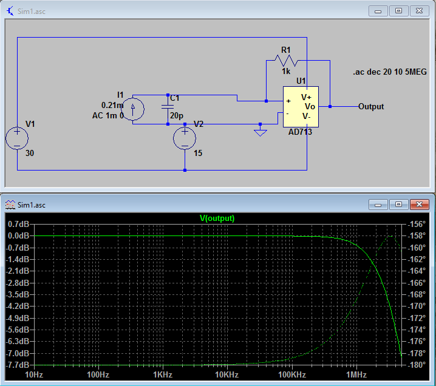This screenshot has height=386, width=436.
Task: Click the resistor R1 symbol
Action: point(285,60)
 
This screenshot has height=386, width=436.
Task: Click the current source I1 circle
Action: point(133,109)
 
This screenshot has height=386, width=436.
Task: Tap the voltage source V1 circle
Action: point(17,138)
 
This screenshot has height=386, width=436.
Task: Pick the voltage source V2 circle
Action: point(185,138)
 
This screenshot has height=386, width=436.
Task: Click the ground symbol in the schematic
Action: point(260,132)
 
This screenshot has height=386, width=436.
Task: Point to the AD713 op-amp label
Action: point(300,132)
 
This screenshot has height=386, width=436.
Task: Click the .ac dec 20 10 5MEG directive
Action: point(389,72)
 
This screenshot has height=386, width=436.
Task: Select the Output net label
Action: point(371,106)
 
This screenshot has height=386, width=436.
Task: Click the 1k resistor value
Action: point(285,71)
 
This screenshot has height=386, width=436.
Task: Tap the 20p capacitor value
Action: point(176,116)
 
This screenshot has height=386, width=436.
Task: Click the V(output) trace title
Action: point(217,218)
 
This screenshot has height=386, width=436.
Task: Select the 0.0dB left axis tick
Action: point(18,235)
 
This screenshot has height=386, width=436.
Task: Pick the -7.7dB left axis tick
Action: point(18,365)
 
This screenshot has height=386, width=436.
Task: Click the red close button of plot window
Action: point(419,205)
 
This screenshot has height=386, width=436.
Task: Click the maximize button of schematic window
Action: point(398,10)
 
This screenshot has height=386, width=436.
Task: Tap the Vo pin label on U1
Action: point(310,106)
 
